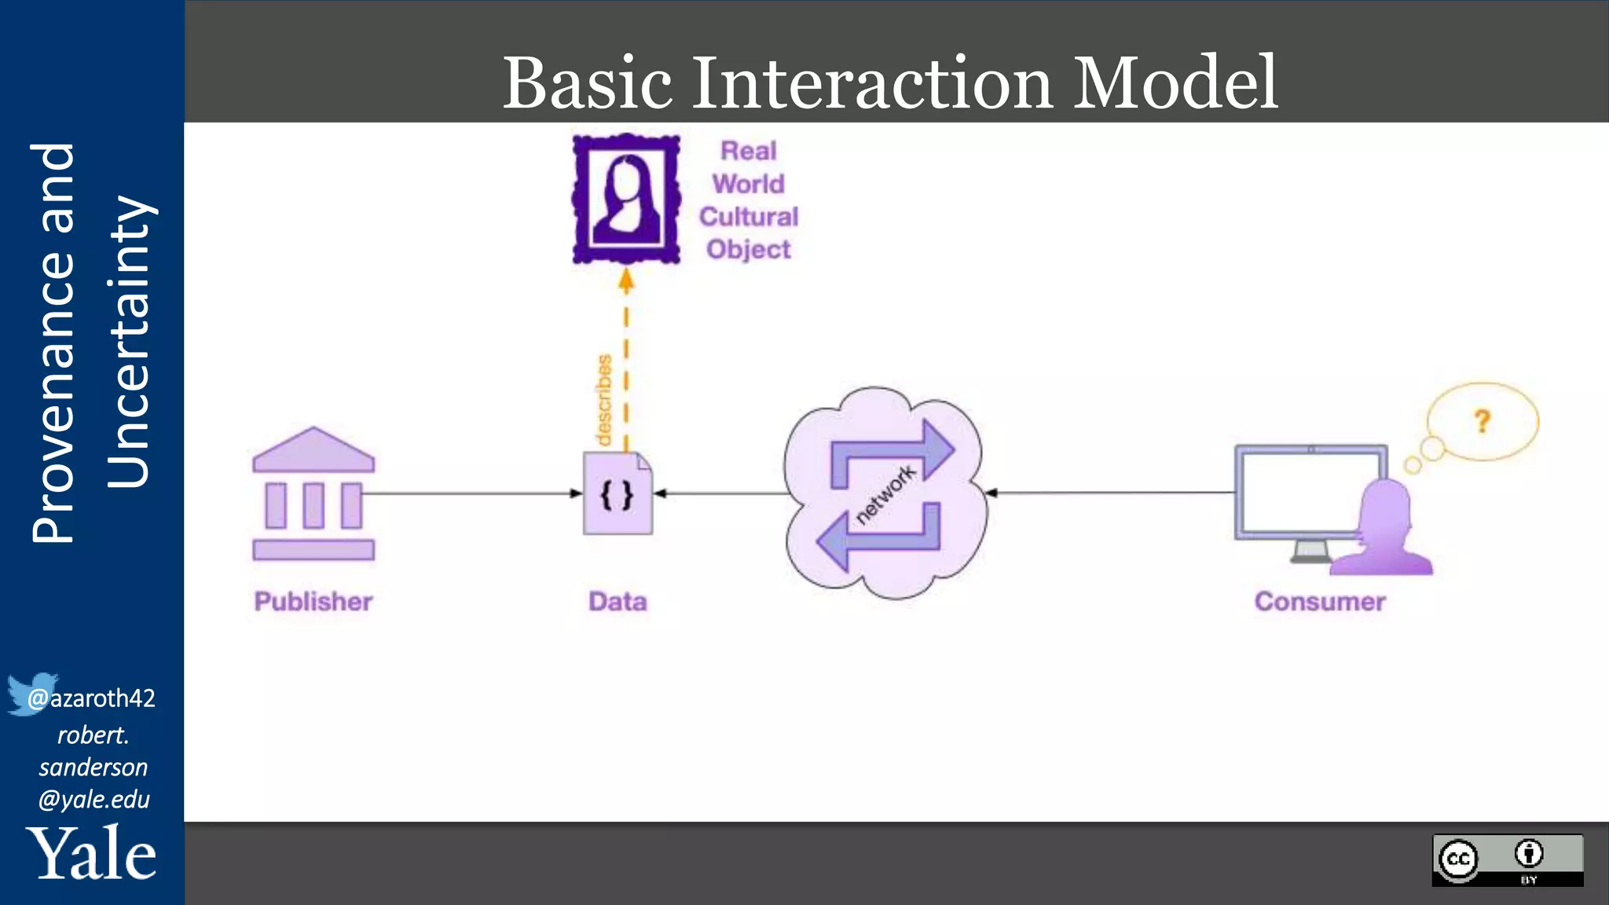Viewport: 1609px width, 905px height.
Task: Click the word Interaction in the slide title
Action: [871, 83]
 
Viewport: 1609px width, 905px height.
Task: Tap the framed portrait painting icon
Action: [626, 199]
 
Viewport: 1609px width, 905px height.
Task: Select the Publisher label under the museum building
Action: [313, 602]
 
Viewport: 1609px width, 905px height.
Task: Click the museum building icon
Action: [313, 494]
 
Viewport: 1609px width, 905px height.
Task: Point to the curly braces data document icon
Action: [618, 494]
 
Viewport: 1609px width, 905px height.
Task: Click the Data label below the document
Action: [618, 602]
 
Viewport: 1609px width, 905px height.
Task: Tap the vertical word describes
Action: [603, 400]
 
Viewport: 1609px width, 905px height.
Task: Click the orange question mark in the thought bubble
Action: [1482, 422]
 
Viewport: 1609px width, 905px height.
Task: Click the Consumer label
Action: [1320, 602]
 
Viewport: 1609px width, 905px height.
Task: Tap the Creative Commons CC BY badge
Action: [1507, 860]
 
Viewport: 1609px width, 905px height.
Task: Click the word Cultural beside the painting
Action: [749, 217]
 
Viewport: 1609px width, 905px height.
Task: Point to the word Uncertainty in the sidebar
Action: [127, 342]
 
